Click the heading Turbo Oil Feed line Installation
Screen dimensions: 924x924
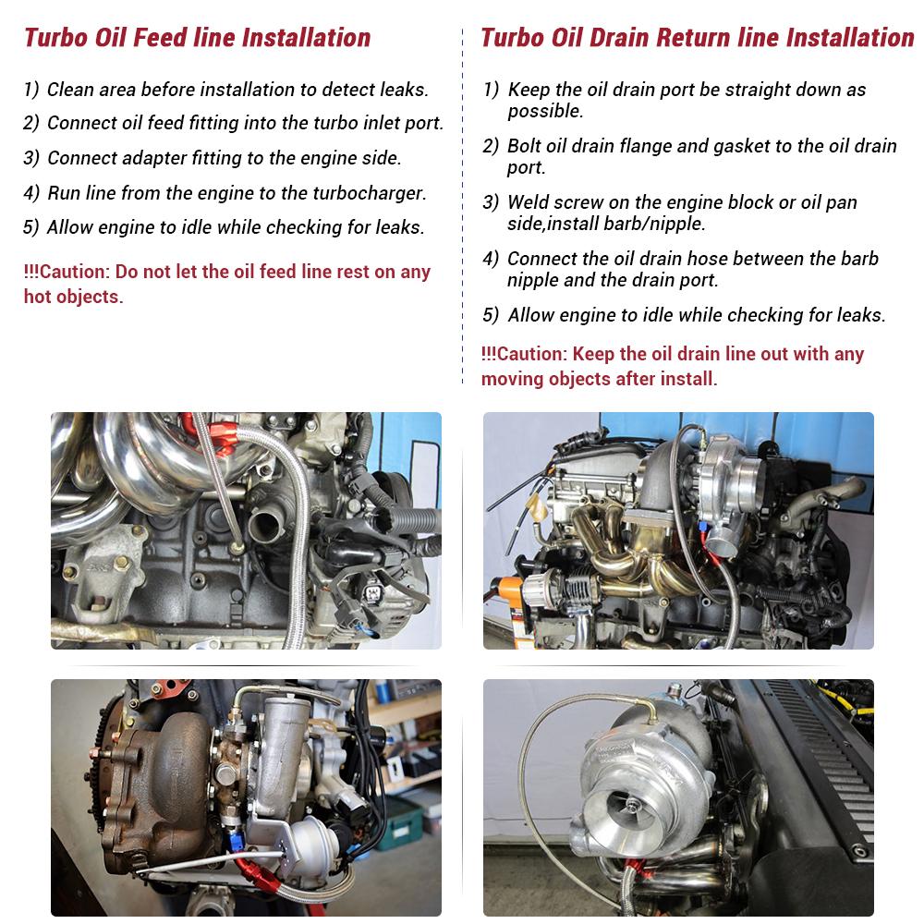point(198,38)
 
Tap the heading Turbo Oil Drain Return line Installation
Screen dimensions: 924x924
point(697,38)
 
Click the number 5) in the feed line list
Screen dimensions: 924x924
point(30,227)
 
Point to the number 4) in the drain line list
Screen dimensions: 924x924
point(491,259)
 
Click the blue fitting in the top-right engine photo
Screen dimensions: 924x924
point(704,525)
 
